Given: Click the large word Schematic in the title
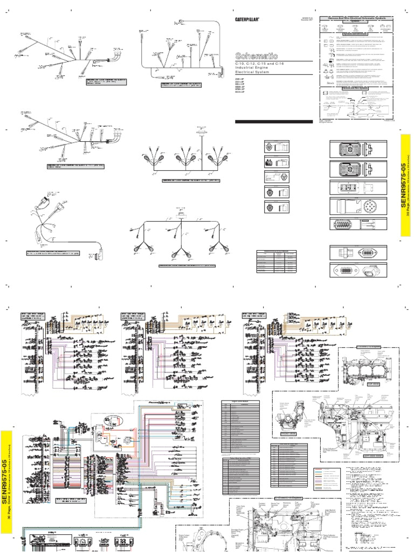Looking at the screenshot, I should pyautogui.click(x=257, y=56).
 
